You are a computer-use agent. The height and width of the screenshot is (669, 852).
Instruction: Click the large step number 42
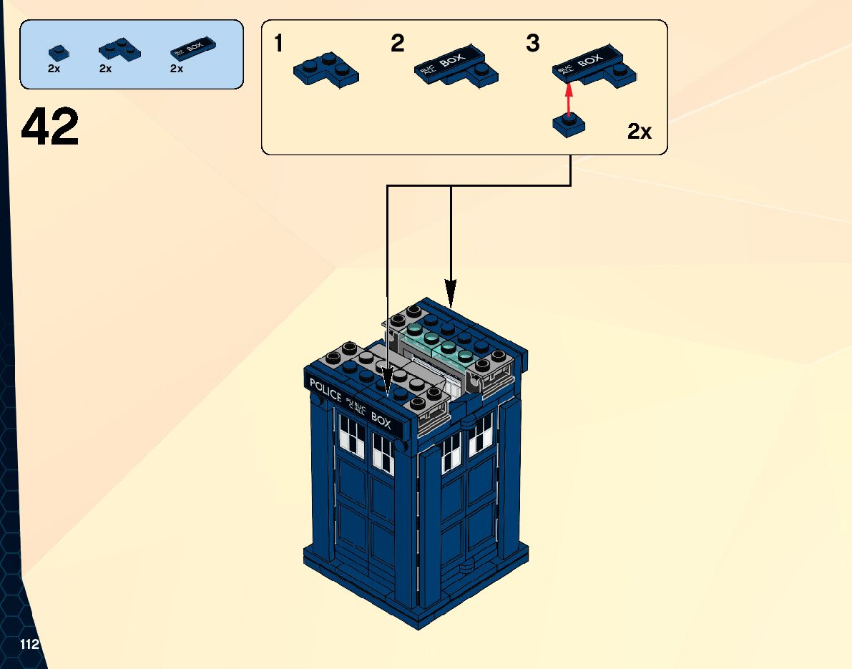click(x=50, y=127)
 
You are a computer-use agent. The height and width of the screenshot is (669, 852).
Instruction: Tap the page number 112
click(x=29, y=645)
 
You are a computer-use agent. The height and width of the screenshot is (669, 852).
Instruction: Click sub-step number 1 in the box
click(x=279, y=44)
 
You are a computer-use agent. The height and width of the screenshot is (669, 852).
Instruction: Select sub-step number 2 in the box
click(x=398, y=44)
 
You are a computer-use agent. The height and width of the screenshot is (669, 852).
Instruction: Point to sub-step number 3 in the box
click(x=533, y=44)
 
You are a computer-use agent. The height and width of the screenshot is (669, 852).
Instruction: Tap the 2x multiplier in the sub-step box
click(x=640, y=132)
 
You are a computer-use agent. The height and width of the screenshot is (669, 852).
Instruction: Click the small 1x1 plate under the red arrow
click(x=569, y=126)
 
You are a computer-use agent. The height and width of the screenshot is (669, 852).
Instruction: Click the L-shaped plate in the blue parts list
click(x=118, y=49)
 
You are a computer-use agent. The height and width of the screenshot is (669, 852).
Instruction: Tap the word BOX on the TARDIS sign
click(x=381, y=422)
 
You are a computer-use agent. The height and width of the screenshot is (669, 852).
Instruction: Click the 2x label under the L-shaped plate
click(x=106, y=69)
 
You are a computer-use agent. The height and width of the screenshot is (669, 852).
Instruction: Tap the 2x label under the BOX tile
click(x=177, y=69)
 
